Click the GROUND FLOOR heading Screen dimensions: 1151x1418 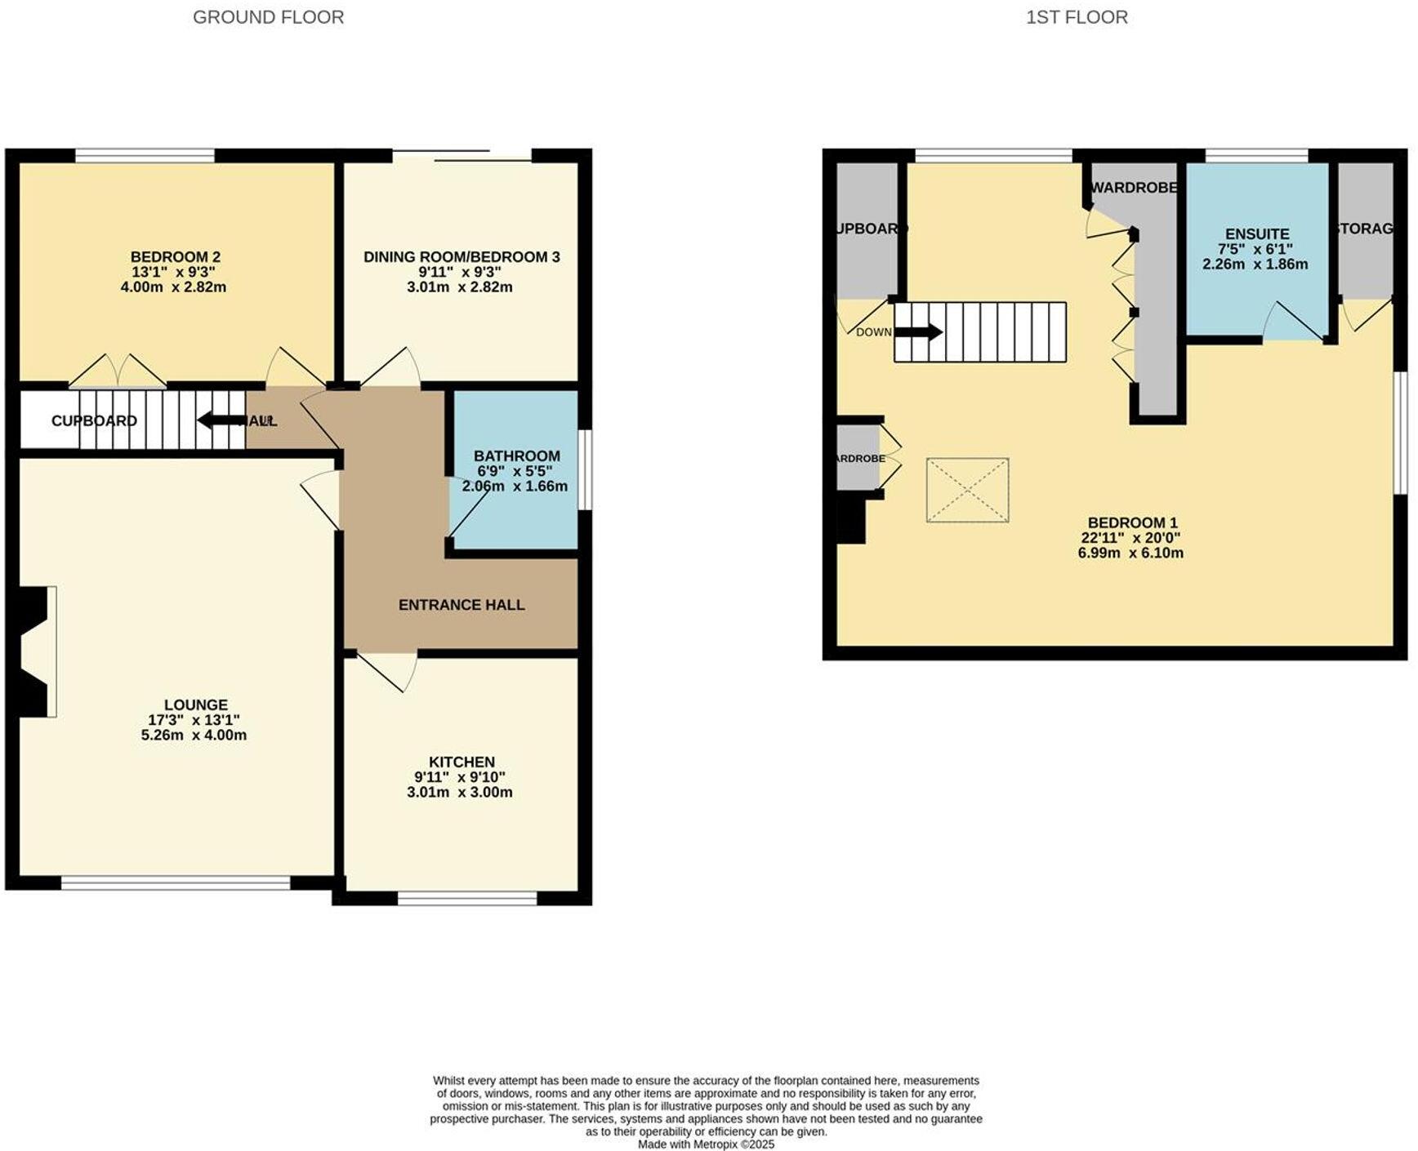point(268,17)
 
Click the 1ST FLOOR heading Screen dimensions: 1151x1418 point(1076,17)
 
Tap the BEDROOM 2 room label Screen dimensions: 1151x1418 point(175,256)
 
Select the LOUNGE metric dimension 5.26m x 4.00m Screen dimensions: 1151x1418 point(194,735)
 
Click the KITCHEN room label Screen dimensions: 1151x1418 point(462,762)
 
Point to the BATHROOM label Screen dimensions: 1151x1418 point(516,456)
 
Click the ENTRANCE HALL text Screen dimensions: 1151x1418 point(461,604)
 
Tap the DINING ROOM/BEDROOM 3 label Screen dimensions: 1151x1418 point(461,256)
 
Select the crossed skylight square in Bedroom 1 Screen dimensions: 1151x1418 point(967,490)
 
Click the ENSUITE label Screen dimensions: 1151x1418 point(1256,233)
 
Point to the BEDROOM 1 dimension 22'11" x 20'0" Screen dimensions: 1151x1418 point(1130,537)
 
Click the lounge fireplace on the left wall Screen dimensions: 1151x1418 point(34,651)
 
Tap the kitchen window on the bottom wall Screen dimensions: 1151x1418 point(466,898)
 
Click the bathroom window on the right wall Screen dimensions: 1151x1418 point(585,469)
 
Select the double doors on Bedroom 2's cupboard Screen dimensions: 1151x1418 point(118,371)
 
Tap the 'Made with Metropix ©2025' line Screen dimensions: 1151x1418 point(706,1144)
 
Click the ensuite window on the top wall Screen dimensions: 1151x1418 point(1255,155)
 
